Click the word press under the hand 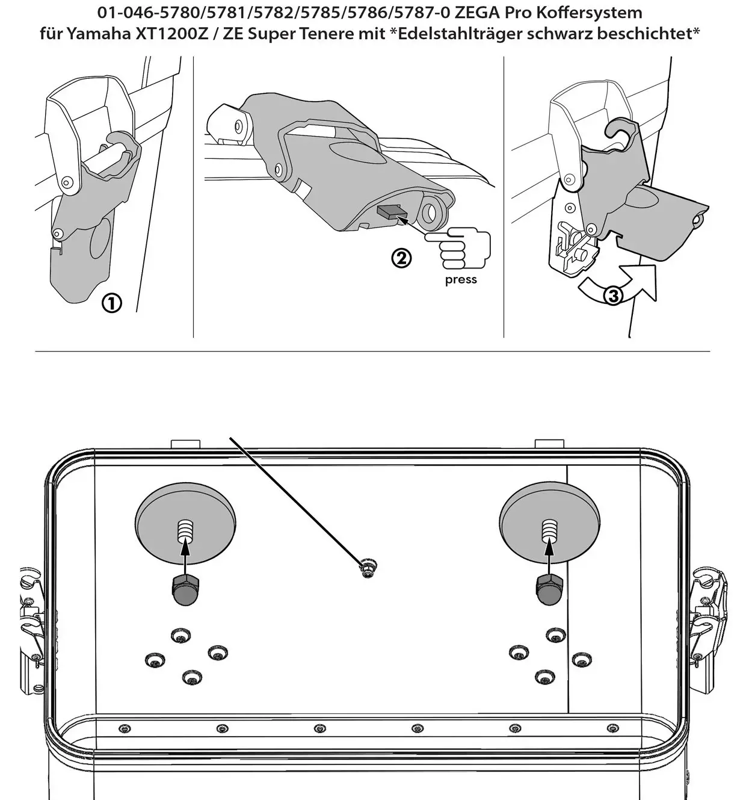click(461, 280)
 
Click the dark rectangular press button click(389, 212)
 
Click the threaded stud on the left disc click(185, 532)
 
